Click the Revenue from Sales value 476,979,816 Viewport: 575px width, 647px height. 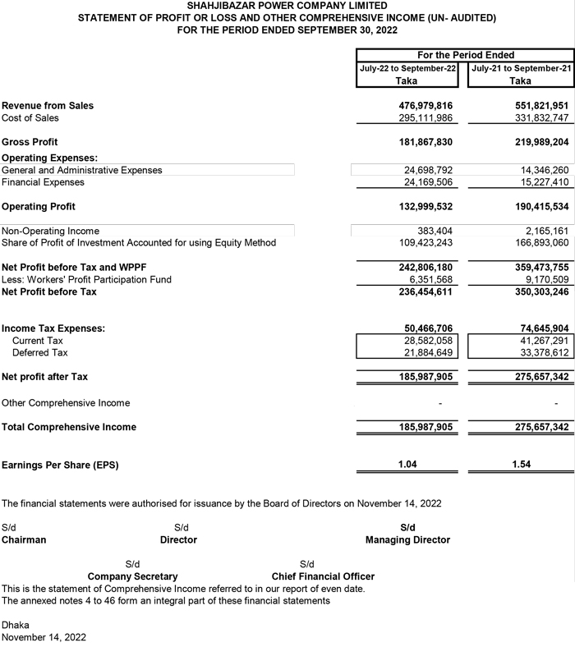(425, 106)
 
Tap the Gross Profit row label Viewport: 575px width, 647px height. (30, 142)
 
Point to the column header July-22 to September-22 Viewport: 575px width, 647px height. (407, 69)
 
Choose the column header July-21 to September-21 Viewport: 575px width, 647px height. (521, 69)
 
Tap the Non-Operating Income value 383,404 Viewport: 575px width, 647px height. (435, 232)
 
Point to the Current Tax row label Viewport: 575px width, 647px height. (38, 341)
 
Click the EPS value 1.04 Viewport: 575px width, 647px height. (407, 465)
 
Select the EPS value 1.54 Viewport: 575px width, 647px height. (521, 465)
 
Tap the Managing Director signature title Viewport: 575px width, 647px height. (407, 540)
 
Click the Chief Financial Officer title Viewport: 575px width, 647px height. (323, 576)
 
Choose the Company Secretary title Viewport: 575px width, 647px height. (132, 576)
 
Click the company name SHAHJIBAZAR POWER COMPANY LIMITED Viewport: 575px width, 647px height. (287, 6)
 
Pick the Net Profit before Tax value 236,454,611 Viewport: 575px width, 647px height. (425, 268)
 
